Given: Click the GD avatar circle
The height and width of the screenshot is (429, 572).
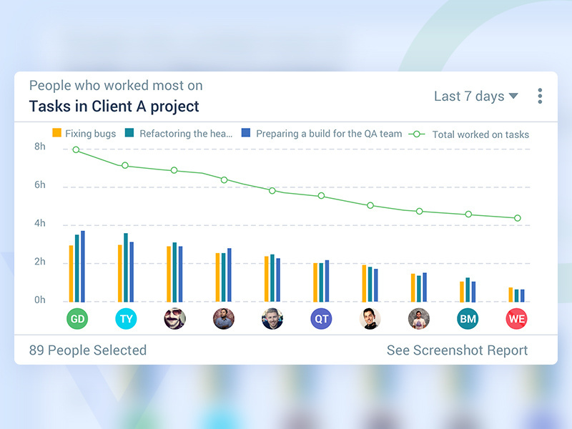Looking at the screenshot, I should [77, 319].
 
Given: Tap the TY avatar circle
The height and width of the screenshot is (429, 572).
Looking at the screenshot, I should [126, 319].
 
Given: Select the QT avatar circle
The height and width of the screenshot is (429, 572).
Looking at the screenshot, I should [321, 319].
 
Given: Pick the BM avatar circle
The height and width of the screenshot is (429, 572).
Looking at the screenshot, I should [468, 319].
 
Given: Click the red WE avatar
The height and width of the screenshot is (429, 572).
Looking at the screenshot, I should [516, 319].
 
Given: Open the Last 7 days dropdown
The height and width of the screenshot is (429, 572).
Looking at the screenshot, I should [475, 97].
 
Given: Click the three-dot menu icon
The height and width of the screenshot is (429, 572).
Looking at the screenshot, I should [540, 97].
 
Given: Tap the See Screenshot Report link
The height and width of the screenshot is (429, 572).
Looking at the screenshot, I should [457, 350].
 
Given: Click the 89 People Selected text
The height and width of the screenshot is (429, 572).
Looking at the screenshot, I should [87, 350].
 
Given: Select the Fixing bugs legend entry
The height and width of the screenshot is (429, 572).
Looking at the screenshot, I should [84, 134].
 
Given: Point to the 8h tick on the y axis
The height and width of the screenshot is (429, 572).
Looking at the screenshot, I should [40, 147].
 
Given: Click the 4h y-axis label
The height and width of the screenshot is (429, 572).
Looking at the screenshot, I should [40, 224].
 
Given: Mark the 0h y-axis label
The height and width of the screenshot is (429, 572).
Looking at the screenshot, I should [40, 300].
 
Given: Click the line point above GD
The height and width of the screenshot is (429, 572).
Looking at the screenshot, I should [77, 150].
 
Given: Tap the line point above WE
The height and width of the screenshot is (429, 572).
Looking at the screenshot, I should [517, 218].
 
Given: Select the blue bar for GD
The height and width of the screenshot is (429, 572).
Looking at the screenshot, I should [83, 266].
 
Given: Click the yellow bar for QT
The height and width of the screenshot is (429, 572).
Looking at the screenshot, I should [315, 282].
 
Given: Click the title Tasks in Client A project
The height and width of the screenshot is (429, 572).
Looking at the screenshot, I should [114, 107].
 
